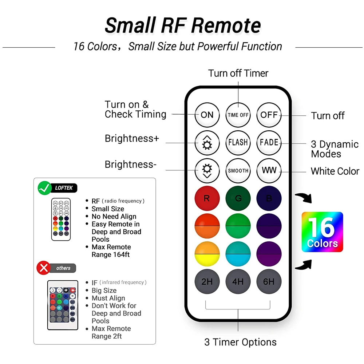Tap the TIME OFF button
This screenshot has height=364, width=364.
[x=238, y=115]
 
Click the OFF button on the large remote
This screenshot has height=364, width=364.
[x=269, y=115]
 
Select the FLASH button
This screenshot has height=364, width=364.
[x=238, y=143]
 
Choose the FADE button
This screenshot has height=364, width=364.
[x=269, y=143]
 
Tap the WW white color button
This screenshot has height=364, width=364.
[x=269, y=170]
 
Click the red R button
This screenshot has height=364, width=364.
[x=207, y=199]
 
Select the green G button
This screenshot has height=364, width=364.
[x=238, y=199]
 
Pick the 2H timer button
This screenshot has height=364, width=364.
[x=207, y=282]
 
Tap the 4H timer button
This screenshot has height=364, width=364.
[x=238, y=282]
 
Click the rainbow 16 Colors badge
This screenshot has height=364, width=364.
[x=322, y=232]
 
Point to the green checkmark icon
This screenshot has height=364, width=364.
[x=44, y=188]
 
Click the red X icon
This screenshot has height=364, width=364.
[x=44, y=268]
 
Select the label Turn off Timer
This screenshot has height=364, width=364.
[x=238, y=73]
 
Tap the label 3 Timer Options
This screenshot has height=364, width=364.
[x=240, y=342]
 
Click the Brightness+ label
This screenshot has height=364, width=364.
[x=132, y=139]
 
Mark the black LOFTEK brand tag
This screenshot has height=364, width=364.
[x=64, y=188]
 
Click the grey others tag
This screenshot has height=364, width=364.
[x=63, y=268]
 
